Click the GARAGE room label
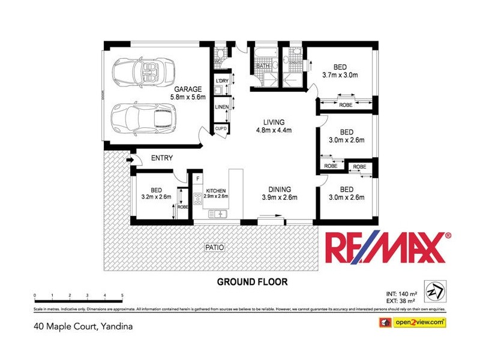click(x=188, y=89)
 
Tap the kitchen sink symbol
click(x=217, y=214)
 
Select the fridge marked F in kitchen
click(x=196, y=178)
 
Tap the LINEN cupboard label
click(x=221, y=107)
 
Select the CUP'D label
click(x=220, y=128)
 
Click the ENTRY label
click(x=162, y=158)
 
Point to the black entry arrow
click(x=129, y=160)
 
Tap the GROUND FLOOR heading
click(x=252, y=281)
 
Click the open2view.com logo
click(x=414, y=322)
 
